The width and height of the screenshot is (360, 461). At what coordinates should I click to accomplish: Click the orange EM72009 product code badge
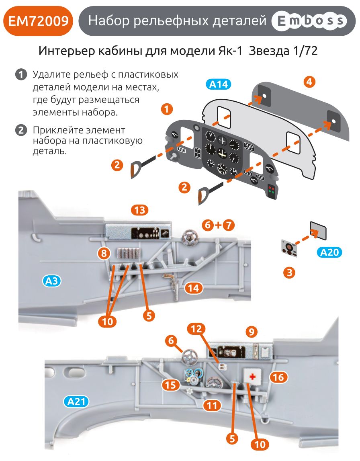pos(39,20)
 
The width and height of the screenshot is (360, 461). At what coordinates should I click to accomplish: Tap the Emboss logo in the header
pos(309,21)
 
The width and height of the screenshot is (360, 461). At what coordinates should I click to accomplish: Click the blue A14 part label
pos(219,84)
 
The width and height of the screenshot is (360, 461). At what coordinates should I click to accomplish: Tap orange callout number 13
pos(139,210)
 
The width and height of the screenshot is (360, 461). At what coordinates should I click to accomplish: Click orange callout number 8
pos(104,253)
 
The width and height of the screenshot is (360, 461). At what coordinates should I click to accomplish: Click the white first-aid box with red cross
pos(252,377)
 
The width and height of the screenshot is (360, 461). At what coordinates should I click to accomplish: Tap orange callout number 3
pos(289,273)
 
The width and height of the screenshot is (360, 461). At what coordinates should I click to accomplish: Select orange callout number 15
pos(171,385)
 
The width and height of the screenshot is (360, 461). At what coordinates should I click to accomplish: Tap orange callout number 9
pos(251,332)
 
